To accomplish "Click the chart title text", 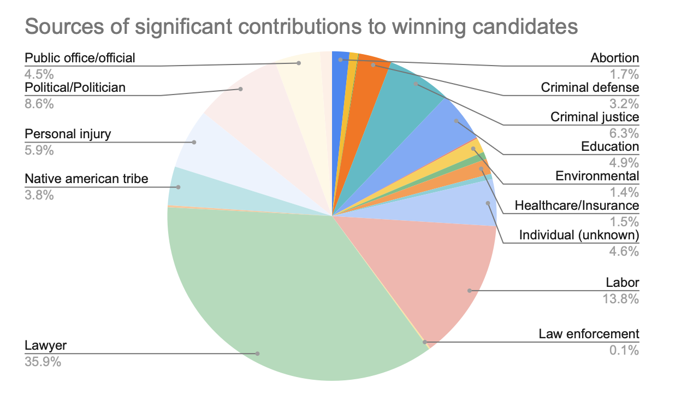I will point(301,27).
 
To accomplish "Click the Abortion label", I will point(614,58).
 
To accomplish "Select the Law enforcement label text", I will point(589,334).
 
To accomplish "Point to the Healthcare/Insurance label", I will point(577,206).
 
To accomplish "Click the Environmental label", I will point(597,176).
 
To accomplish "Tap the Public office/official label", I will point(80,57).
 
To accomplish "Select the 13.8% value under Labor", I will point(624,298).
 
